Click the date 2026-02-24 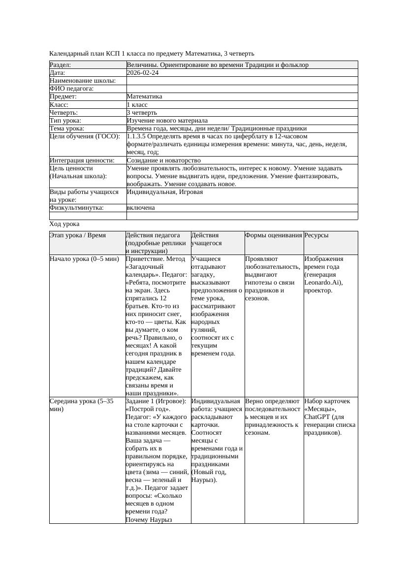(142, 73)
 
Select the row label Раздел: (61, 65)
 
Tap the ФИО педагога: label (72, 89)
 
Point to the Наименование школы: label (83, 81)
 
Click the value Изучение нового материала (167, 121)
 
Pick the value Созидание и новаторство (163, 160)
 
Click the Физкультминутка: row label (76, 208)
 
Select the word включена (141, 208)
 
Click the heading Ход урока (64, 224)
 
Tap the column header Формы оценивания (274, 236)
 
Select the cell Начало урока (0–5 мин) (84, 259)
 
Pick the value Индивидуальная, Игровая (164, 192)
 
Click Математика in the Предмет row (144, 96)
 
